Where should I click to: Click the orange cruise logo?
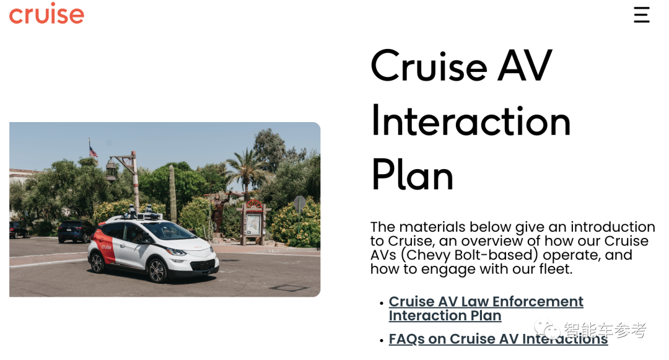tap(46, 14)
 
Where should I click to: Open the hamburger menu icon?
tap(641, 14)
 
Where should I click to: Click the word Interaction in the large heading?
tap(471, 121)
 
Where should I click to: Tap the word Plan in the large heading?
tap(412, 175)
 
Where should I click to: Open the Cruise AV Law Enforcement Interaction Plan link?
tap(486, 309)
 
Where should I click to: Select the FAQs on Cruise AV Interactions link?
tap(498, 339)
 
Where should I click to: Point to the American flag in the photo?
tap(92, 151)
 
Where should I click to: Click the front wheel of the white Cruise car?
tap(157, 270)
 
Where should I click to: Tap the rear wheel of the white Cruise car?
tap(97, 262)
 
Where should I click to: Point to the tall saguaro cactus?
tap(172, 194)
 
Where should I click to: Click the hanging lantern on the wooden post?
tap(111, 170)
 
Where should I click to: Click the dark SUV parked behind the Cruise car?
tap(76, 232)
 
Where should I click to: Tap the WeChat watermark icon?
tap(547, 329)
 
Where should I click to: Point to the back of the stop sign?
tap(300, 204)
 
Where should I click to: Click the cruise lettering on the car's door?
tap(107, 247)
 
